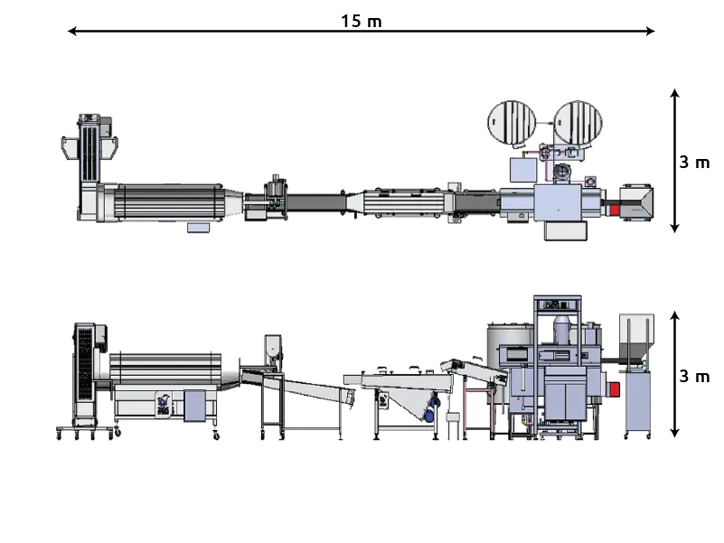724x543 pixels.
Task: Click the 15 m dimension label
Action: (x=361, y=22)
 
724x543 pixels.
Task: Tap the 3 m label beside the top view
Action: (x=694, y=163)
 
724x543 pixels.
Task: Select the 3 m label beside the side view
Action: (x=694, y=377)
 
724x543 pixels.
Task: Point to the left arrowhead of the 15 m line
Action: (x=72, y=31)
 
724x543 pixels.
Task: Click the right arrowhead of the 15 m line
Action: (x=650, y=31)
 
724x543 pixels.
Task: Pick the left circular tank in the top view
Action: (x=512, y=123)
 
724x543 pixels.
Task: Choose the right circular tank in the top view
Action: (x=578, y=123)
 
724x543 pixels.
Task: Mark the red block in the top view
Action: (x=614, y=211)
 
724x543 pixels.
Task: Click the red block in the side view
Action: (x=614, y=389)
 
